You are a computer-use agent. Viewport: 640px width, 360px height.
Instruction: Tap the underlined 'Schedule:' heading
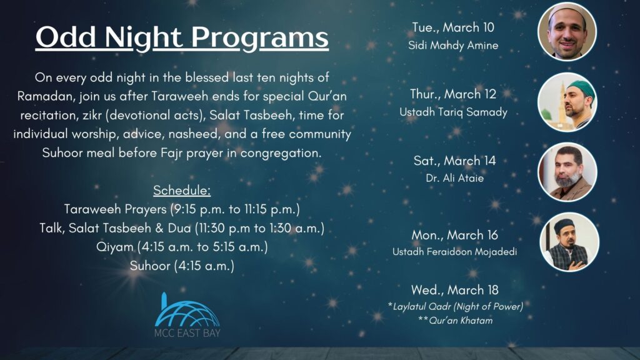click(182, 191)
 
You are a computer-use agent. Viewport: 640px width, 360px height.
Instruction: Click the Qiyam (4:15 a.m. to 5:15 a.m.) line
click(182, 247)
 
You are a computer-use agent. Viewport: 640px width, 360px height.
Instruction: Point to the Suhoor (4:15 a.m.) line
click(182, 266)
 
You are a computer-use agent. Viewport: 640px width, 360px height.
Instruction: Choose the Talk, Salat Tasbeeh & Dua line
click(182, 228)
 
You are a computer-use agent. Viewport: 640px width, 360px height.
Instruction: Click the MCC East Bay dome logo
click(187, 309)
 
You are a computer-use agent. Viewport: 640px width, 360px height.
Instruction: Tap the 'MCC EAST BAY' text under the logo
click(187, 332)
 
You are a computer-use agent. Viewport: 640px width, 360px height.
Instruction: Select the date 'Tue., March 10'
click(453, 27)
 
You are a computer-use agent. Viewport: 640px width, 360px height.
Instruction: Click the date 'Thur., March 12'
click(453, 94)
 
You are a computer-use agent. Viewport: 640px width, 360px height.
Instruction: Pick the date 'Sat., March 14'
click(454, 161)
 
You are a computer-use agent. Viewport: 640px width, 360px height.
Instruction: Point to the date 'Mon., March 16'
click(454, 235)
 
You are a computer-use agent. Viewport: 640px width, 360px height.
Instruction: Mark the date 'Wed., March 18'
click(456, 290)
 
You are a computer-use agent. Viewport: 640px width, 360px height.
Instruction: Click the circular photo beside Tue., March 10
click(567, 31)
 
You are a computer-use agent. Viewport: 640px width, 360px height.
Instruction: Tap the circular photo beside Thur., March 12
click(567, 102)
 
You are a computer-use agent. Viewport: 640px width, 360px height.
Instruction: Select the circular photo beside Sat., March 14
click(567, 172)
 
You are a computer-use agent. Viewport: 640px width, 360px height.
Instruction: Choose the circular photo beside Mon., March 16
click(569, 242)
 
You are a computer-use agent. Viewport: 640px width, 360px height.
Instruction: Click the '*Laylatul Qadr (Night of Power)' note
click(455, 306)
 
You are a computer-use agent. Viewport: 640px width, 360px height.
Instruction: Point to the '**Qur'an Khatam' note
click(456, 320)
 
